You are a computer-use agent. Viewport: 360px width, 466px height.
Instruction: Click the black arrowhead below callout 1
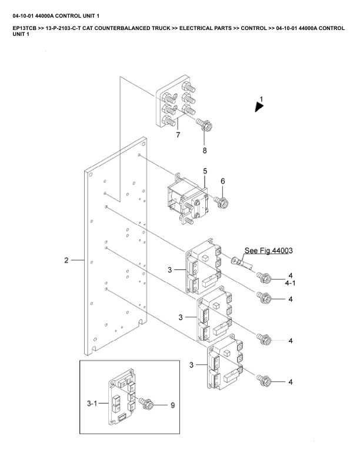(259, 107)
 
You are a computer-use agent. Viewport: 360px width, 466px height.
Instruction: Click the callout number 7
(178, 135)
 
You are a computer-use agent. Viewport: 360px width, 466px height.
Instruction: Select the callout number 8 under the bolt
(205, 151)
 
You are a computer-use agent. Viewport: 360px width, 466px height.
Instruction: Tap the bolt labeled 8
(204, 125)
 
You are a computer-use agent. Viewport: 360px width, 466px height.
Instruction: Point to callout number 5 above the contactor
(205, 171)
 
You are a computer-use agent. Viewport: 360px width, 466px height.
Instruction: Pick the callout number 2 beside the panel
(66, 260)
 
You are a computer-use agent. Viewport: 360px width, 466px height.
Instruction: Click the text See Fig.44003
(268, 251)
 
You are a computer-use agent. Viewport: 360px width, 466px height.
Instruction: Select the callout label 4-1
(290, 283)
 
